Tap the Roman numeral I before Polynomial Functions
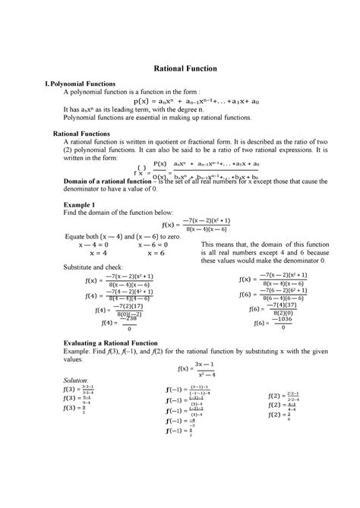point(46,83)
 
